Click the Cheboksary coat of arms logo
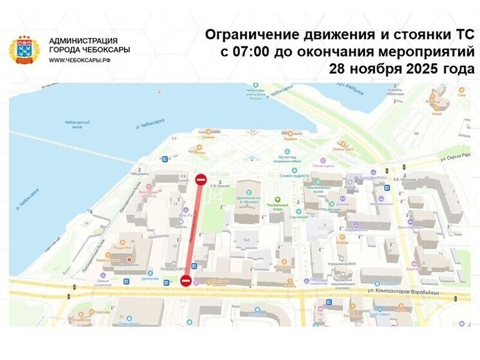24,50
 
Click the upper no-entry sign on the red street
201,178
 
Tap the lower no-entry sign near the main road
185,279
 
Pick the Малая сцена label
322,165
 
